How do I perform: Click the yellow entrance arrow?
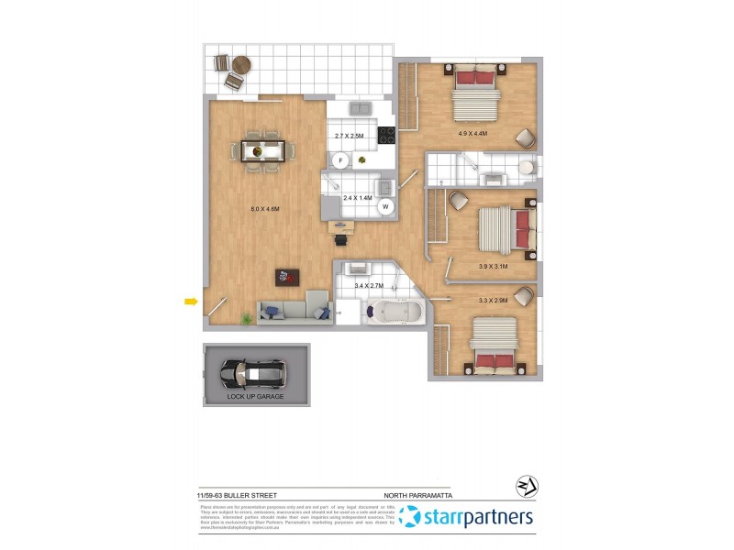pyautogui.click(x=191, y=301)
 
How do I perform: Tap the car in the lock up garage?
pyautogui.click(x=252, y=372)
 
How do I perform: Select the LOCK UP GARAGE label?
pyautogui.click(x=256, y=397)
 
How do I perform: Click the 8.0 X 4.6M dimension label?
pyautogui.click(x=264, y=209)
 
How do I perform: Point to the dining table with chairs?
pyautogui.click(x=263, y=149)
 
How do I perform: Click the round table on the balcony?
pyautogui.click(x=241, y=65)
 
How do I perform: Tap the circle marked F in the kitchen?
pyautogui.click(x=340, y=160)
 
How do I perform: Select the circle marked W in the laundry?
pyautogui.click(x=386, y=206)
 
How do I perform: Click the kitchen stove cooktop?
pyautogui.click(x=386, y=135)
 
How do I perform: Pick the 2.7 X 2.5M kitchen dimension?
pyautogui.click(x=349, y=136)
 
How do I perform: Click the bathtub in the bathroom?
pyautogui.click(x=394, y=313)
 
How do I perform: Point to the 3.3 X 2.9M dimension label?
pyautogui.click(x=493, y=299)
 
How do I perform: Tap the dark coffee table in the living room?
pyautogui.click(x=286, y=275)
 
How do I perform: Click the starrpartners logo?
pyautogui.click(x=468, y=518)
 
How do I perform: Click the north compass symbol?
pyautogui.click(x=528, y=487)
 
